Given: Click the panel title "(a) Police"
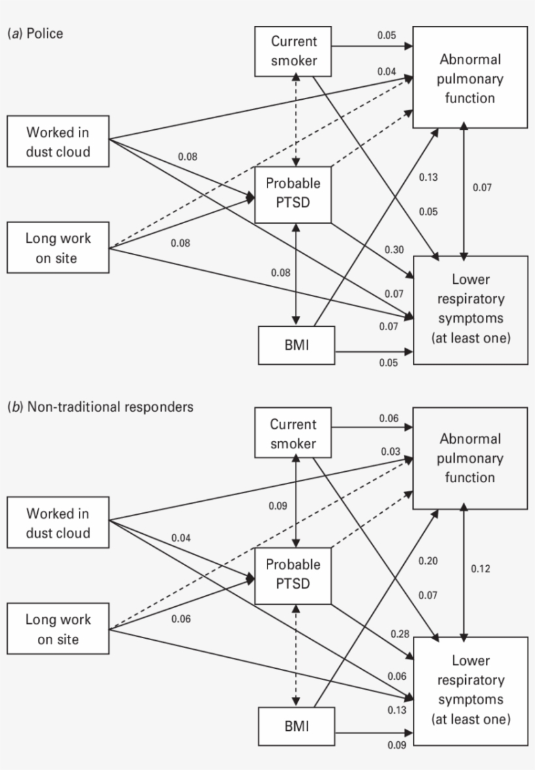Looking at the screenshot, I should click(35, 33).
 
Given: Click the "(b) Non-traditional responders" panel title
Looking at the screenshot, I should click(100, 407).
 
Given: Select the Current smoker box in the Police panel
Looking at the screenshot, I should click(294, 52).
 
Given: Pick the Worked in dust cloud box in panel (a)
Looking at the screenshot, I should click(57, 142).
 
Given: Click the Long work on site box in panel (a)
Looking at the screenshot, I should click(57, 248).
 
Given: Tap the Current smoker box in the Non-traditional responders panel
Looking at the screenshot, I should click(294, 434).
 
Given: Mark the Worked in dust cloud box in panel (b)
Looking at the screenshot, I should click(57, 523).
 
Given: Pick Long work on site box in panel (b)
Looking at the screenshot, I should click(57, 629).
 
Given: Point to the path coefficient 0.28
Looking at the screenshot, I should click(399, 634).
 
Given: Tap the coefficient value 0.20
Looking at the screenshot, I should click(428, 561).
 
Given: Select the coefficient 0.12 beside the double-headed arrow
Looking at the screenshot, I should click(481, 568).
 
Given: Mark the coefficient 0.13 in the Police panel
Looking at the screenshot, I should click(428, 177).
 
